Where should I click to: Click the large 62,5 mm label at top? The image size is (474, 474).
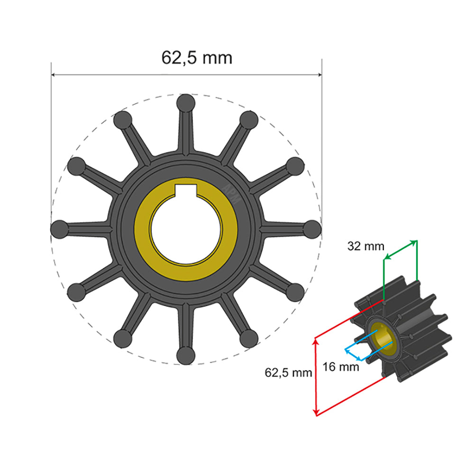click(x=197, y=58)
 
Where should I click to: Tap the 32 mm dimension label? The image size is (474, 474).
click(x=365, y=246)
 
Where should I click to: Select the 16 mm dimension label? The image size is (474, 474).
click(x=341, y=366)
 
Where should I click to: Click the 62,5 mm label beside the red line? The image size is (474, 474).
click(x=288, y=373)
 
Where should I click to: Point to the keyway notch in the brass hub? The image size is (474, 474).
click(x=185, y=191)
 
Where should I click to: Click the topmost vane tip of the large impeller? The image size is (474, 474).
click(x=185, y=103)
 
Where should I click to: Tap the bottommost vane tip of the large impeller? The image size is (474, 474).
click(x=185, y=355)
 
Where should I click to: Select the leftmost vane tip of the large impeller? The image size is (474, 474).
click(x=59, y=229)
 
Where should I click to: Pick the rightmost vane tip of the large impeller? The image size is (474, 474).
click(x=312, y=229)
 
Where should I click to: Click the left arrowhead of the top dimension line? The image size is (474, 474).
click(x=53, y=74)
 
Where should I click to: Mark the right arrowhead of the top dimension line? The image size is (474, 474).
click(x=319, y=74)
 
